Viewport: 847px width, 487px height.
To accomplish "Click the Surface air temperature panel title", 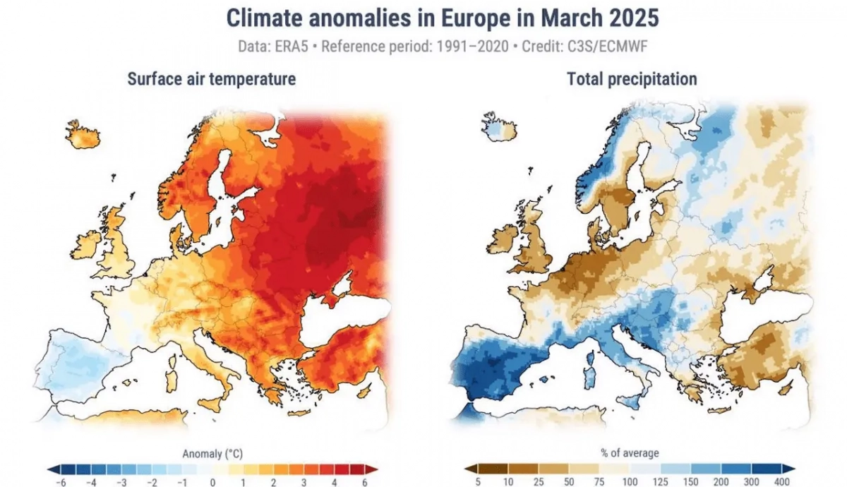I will point(211,79).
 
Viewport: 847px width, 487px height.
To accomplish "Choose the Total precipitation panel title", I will point(632,79).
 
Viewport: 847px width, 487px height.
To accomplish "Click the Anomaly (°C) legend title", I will point(212,454).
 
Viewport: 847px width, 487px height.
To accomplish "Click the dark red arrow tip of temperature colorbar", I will point(375,469).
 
